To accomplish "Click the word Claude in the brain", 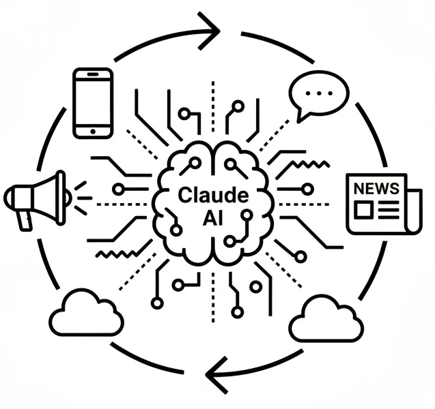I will (x=213, y=195).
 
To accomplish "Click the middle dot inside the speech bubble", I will (x=318, y=92).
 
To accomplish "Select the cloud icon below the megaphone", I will (x=86, y=314).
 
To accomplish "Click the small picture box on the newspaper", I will (x=362, y=209).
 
